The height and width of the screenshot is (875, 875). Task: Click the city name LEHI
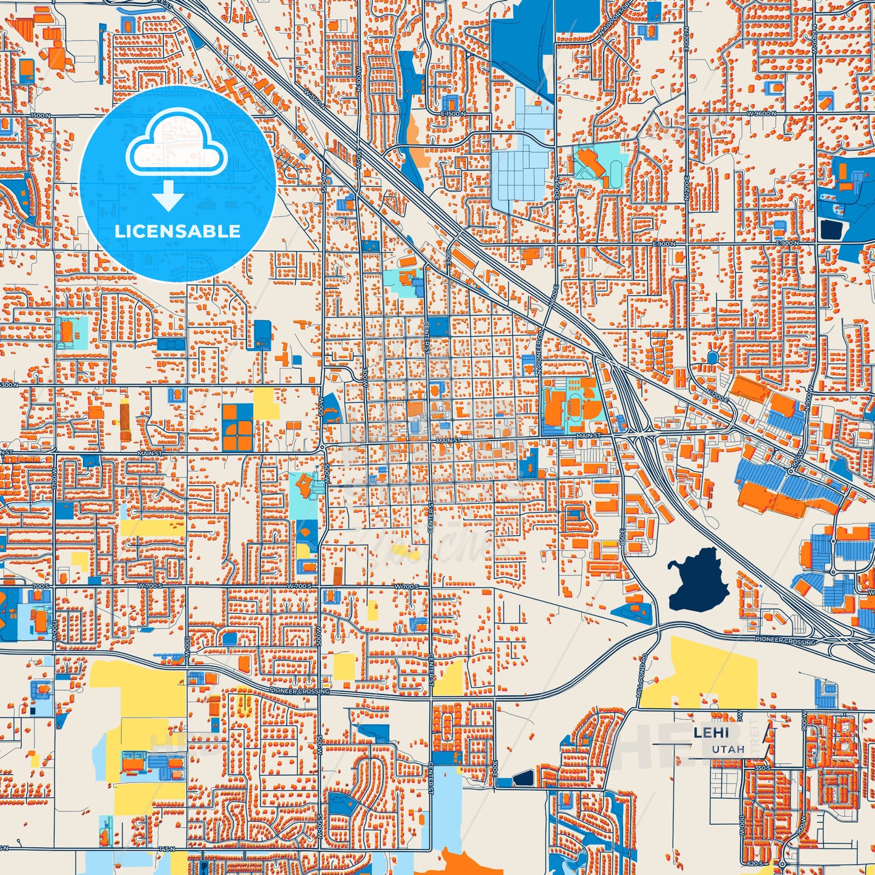coord(712,733)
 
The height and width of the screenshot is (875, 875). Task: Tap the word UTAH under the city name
coord(728,750)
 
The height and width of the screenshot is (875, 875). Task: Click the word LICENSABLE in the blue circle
coord(177,231)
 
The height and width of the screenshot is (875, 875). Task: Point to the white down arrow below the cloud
coord(168,197)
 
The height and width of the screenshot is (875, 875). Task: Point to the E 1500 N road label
coord(453,114)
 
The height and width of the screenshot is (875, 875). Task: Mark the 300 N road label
coord(8,385)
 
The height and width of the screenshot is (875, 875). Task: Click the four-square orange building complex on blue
coord(237,428)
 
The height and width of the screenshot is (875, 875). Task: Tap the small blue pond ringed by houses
coord(713,358)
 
